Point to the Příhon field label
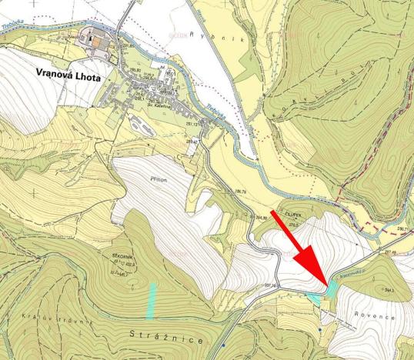pos(149,176)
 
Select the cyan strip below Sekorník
pos(152,301)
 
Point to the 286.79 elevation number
pos(240,190)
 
